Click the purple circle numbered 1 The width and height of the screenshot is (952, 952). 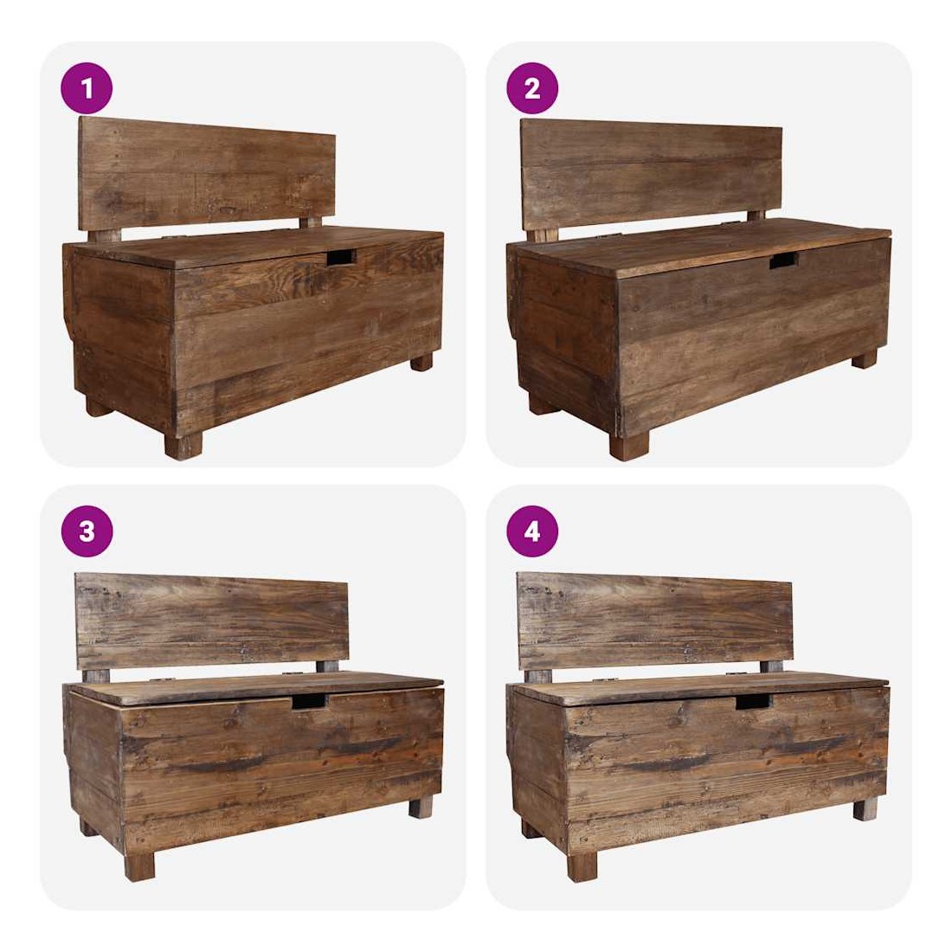(x=87, y=88)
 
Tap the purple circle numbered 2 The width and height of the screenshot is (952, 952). (x=532, y=88)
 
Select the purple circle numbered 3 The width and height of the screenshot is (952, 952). (x=87, y=531)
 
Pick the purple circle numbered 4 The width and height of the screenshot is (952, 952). (x=532, y=531)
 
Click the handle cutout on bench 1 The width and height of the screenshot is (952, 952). (x=341, y=257)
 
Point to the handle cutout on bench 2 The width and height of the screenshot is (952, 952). (x=784, y=261)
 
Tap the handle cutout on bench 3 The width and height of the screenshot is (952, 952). (x=309, y=702)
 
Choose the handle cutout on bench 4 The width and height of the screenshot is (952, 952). (x=753, y=702)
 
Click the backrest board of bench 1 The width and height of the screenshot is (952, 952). (x=207, y=174)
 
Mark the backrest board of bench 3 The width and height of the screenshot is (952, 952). (x=211, y=621)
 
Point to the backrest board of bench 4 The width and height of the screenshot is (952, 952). (x=655, y=621)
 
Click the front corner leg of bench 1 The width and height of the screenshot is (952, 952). (x=183, y=447)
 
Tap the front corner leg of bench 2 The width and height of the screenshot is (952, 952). (x=629, y=446)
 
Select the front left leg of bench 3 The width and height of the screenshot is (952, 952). (x=139, y=866)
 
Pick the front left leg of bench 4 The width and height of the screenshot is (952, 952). (x=582, y=866)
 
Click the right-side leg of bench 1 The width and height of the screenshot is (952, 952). (x=421, y=363)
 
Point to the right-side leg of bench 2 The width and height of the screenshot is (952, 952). (x=864, y=359)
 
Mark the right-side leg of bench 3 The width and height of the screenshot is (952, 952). (x=420, y=808)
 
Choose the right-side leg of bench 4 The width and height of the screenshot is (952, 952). (x=865, y=810)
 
